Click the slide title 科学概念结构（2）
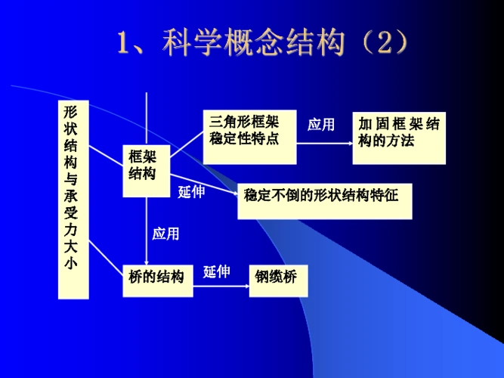pos(264,43)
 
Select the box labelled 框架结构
pos(146,166)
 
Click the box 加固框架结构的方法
pos(398,132)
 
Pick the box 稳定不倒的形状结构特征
pos(326,196)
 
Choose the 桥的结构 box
pos(156,277)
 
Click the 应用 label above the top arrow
pos(321,125)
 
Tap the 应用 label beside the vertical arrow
pos(166,234)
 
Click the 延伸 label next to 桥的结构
pos(217,272)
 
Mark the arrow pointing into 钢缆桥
pos(242,286)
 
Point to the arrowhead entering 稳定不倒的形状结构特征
pos(233,194)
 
